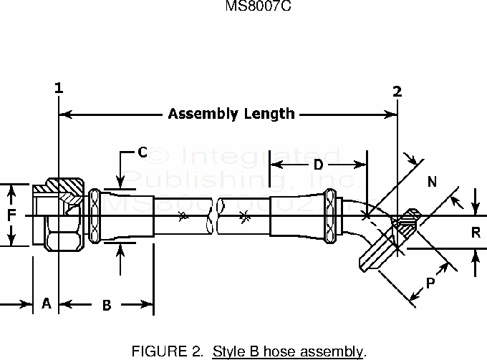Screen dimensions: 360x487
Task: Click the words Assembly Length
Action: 231,113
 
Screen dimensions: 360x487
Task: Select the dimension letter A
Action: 46,304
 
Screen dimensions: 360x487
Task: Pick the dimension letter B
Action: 106,306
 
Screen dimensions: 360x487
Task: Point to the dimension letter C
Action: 142,152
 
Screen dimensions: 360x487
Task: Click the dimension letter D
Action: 319,165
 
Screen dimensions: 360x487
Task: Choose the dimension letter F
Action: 11,215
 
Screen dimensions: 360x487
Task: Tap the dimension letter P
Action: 430,283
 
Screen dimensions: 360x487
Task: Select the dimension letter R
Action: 476,231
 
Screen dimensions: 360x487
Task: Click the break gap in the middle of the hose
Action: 213,215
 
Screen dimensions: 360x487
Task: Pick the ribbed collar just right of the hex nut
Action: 93,215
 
